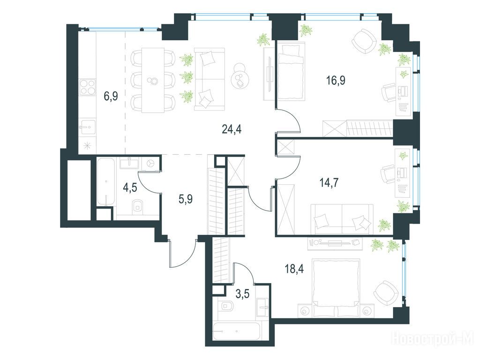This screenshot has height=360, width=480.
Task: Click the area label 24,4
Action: pyautogui.click(x=232, y=129)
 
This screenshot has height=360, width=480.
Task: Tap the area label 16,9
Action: pyautogui.click(x=336, y=81)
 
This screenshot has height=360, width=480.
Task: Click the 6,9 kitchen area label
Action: pyautogui.click(x=111, y=96)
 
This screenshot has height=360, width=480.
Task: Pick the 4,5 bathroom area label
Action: pyautogui.click(x=130, y=187)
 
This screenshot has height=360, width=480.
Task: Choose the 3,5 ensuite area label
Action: pyautogui.click(x=243, y=294)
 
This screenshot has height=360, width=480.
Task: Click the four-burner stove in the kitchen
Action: pyautogui.click(x=88, y=88)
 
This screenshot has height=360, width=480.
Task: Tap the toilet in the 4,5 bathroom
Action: pyautogui.click(x=138, y=206)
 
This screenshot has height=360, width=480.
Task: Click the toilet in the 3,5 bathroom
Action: pyautogui.click(x=226, y=306)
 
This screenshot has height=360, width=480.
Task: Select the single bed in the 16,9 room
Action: pyautogui.click(x=291, y=71)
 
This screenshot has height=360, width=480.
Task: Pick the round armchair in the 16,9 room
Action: pyautogui.click(x=364, y=42)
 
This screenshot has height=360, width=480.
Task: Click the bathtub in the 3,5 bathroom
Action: pyautogui.click(x=236, y=331)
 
